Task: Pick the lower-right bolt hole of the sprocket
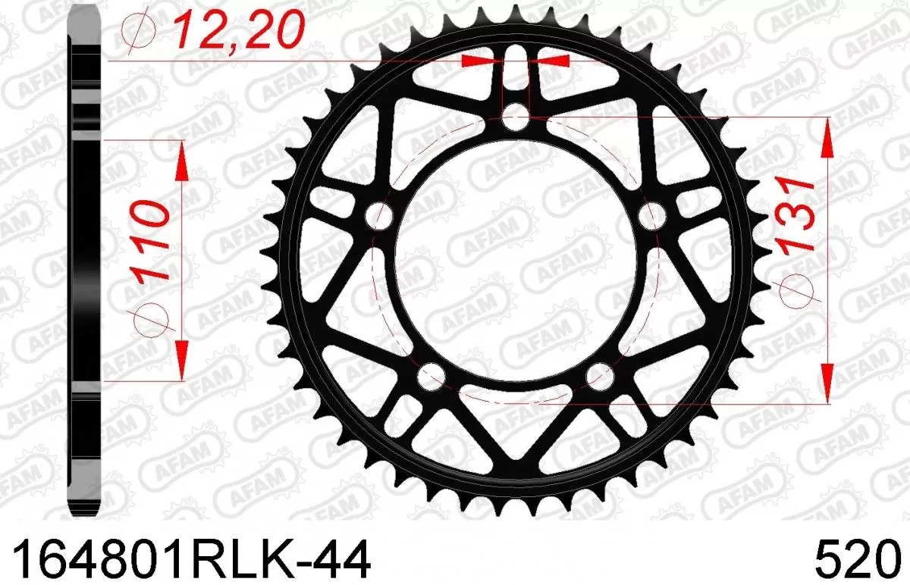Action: click(x=600, y=374)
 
